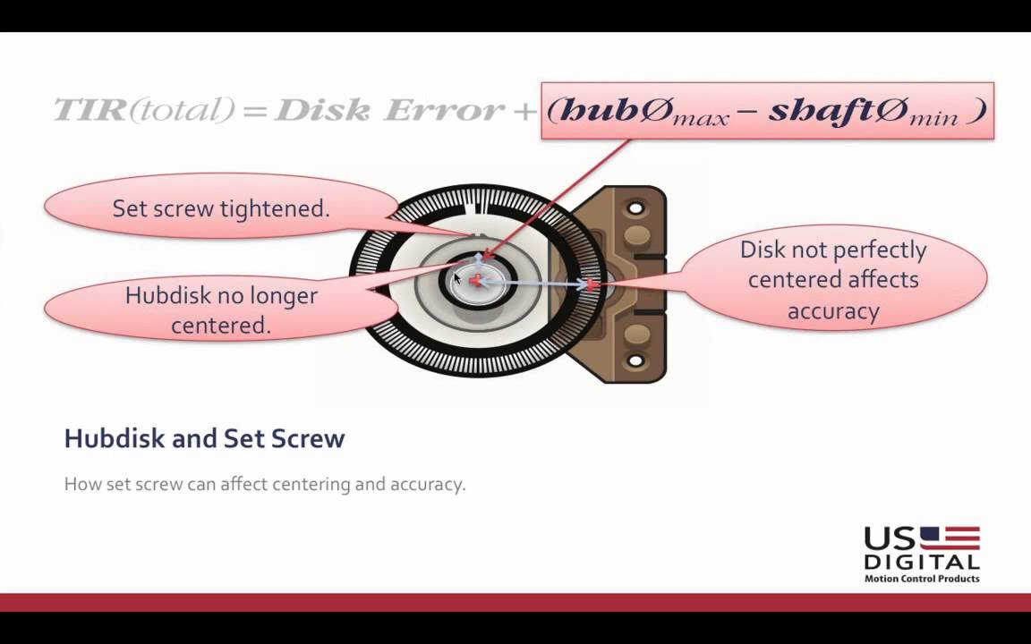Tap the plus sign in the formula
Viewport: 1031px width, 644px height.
(525, 111)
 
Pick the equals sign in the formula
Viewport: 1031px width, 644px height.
(254, 111)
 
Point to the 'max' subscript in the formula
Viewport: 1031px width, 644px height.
(703, 118)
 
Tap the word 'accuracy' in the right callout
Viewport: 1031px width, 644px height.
(833, 310)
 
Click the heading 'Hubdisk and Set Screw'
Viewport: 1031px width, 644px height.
(204, 438)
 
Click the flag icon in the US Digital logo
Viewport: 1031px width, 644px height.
(950, 538)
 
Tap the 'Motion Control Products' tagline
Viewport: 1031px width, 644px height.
(921, 579)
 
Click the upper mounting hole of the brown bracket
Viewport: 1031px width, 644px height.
(635, 208)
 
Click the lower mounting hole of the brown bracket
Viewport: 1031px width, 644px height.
(635, 361)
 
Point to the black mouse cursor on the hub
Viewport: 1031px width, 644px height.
(456, 279)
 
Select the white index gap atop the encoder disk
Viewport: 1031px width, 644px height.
(480, 205)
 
